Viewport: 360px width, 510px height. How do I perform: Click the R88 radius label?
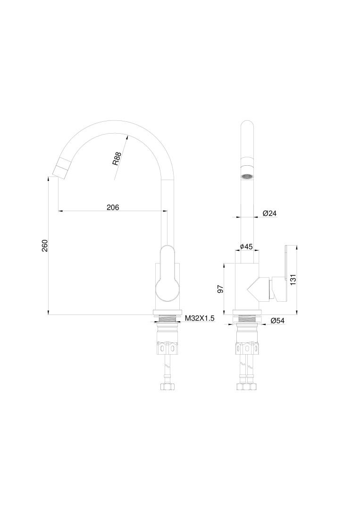point(117,158)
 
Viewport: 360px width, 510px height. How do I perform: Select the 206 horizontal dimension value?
point(112,207)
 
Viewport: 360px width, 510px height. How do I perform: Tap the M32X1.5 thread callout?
point(199,319)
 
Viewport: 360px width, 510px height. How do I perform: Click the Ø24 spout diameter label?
point(269,213)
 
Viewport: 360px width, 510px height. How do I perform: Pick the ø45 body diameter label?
point(247,246)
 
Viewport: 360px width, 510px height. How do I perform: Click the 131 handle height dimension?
point(293,280)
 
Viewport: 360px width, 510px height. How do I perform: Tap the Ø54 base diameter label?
point(277,321)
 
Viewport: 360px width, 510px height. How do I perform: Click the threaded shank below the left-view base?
point(167,319)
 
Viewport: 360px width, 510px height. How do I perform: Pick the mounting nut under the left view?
point(167,347)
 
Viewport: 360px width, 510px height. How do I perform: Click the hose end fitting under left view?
point(167,387)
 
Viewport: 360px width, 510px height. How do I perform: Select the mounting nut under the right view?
point(247,347)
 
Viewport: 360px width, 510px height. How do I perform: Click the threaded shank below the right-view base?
point(247,319)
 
